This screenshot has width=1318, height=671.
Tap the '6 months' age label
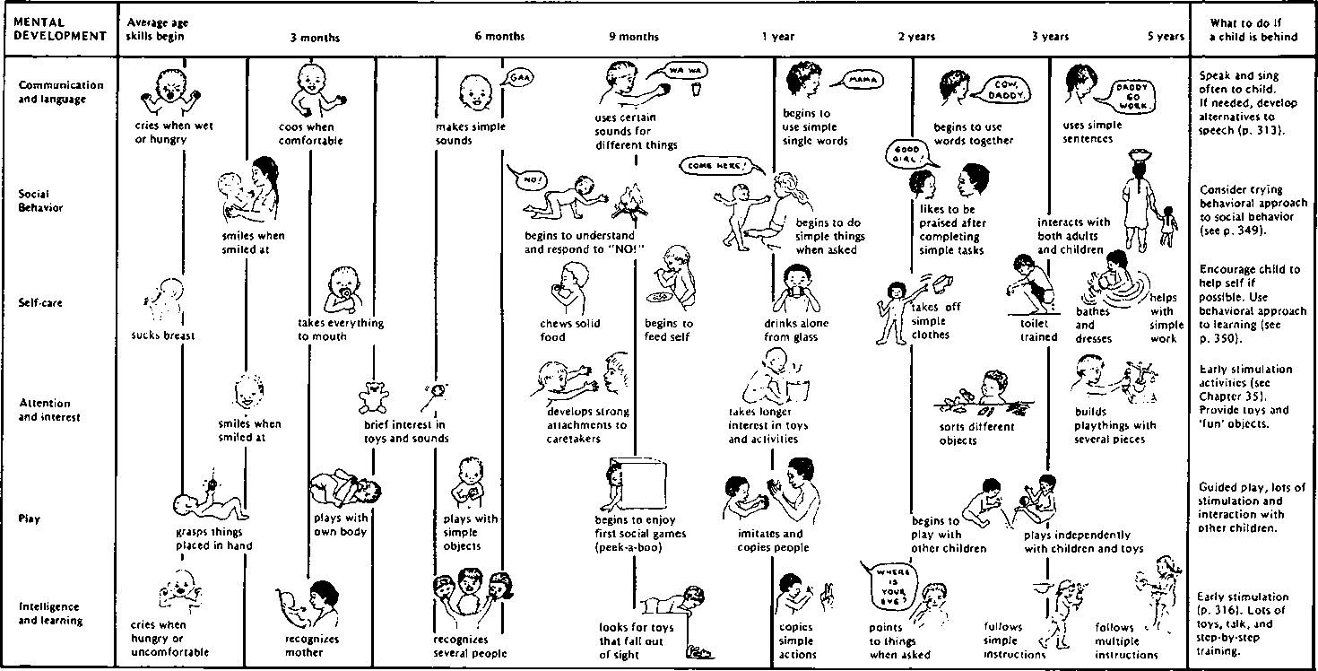coord(499,37)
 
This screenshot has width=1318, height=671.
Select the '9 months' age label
coord(633,37)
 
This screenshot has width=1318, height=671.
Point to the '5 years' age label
coord(1165,37)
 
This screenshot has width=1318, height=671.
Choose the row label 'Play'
coord(30,518)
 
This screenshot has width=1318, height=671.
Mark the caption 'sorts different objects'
coord(964,433)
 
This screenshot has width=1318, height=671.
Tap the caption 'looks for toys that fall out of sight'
coord(632,641)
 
